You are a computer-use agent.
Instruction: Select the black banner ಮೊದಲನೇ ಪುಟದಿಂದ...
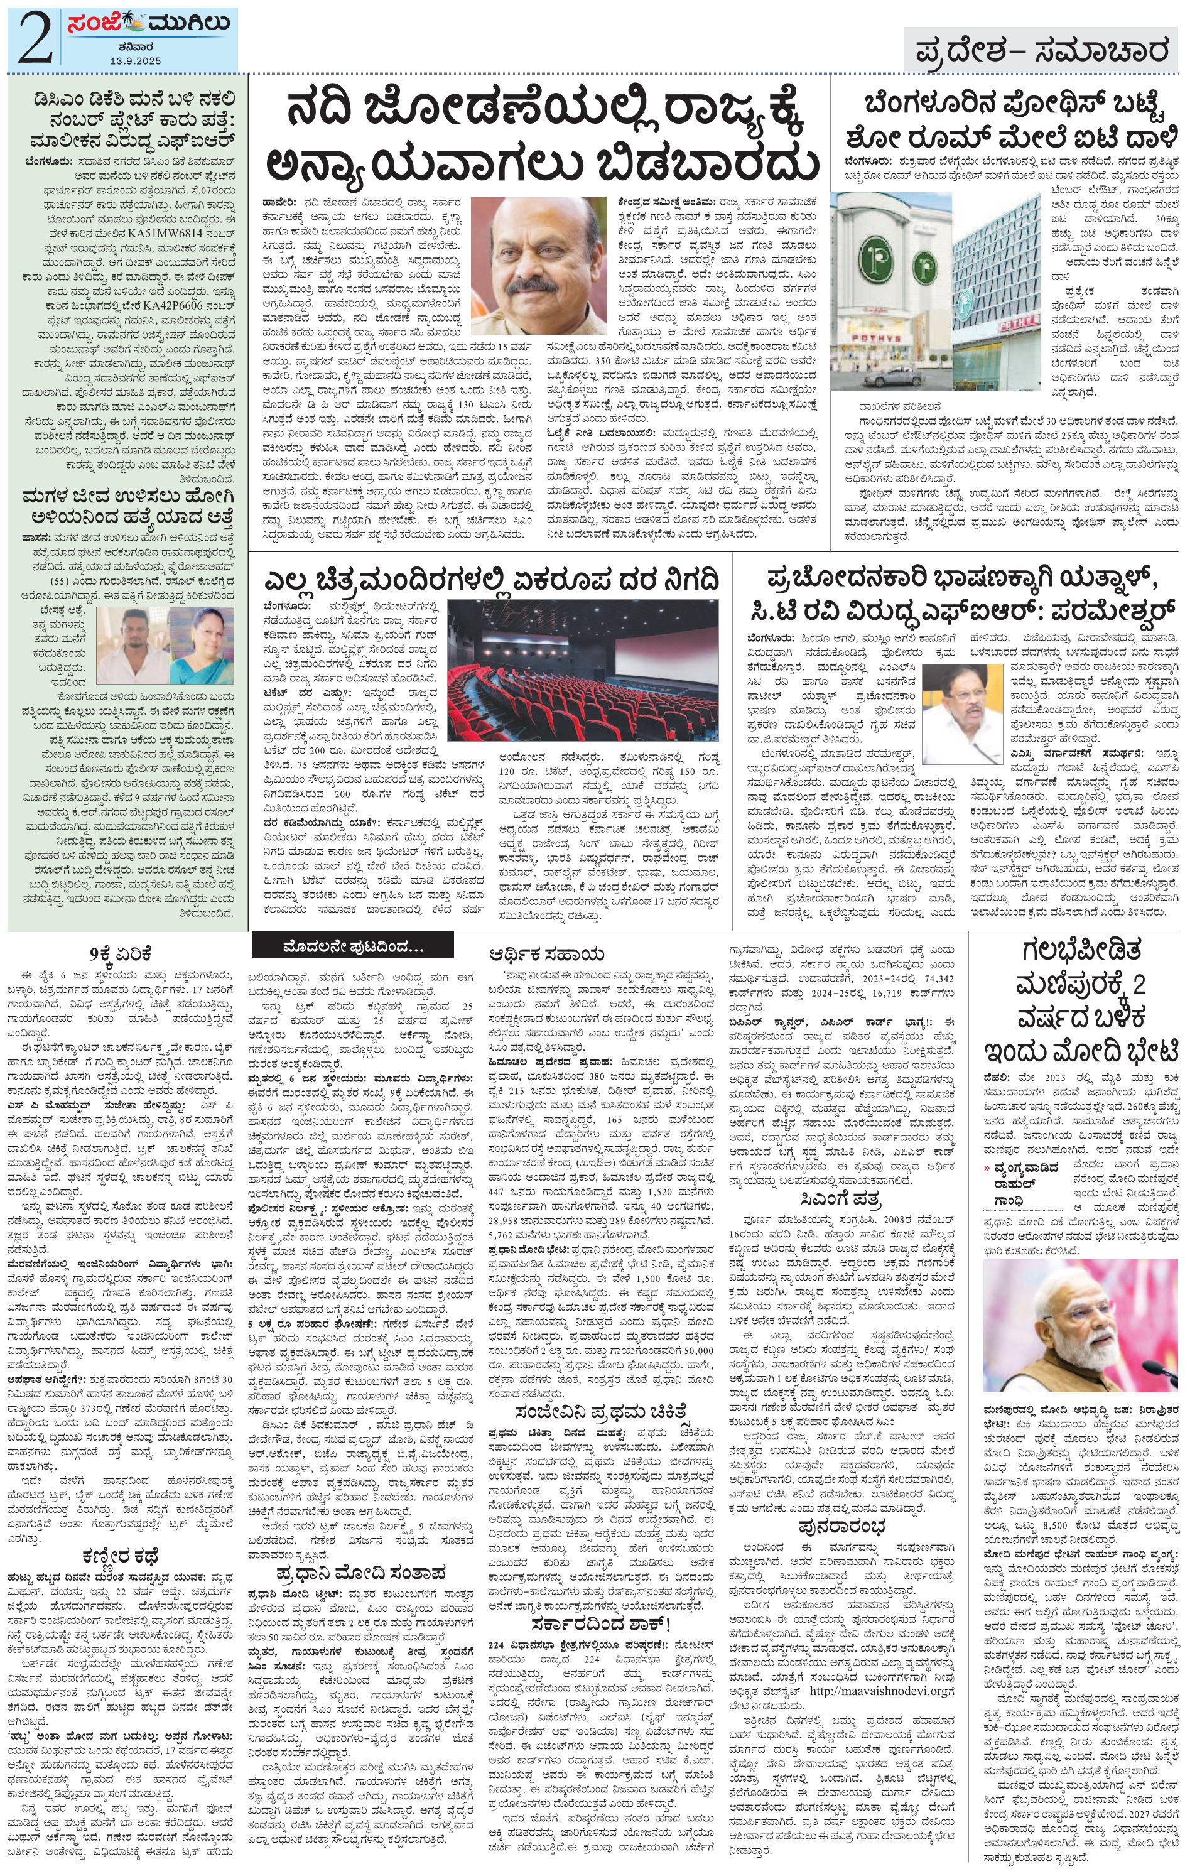click(353, 948)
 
